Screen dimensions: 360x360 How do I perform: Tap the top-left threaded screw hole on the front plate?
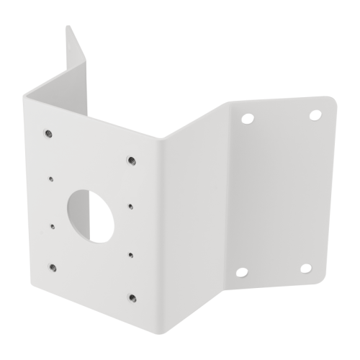[x=48, y=132]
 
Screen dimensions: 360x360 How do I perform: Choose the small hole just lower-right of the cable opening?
[x=130, y=253]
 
